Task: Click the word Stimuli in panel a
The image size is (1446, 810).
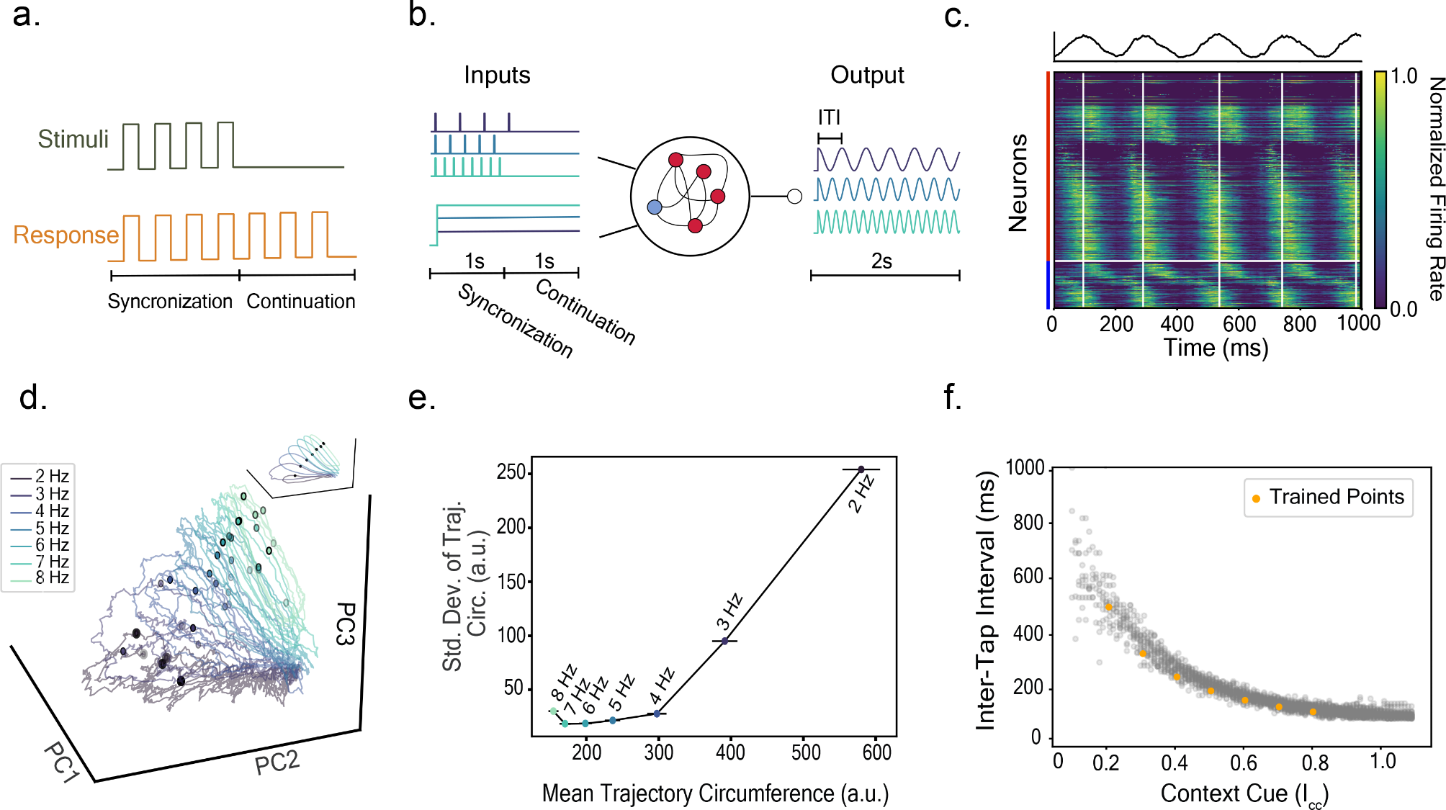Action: click(73, 139)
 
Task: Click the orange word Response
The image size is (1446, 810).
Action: click(66, 235)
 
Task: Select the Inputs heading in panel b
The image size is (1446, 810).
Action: click(497, 75)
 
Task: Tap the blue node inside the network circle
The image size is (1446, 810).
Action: click(654, 207)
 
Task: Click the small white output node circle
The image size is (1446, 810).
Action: click(794, 197)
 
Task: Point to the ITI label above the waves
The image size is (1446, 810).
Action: click(829, 117)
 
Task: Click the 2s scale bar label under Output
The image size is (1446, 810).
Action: click(881, 261)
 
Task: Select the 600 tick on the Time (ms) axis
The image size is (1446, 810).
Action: click(1239, 324)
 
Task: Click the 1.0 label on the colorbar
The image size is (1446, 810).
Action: click(1404, 76)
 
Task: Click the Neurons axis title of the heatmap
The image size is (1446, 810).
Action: click(1018, 184)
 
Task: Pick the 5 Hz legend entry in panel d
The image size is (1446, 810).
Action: click(52, 528)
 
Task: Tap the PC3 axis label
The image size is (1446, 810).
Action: click(346, 624)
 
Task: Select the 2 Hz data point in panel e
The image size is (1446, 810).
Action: click(861, 469)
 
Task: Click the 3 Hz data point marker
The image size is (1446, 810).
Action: click(724, 641)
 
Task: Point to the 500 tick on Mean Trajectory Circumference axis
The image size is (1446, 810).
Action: click(806, 753)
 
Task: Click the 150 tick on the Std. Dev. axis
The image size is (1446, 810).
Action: click(511, 582)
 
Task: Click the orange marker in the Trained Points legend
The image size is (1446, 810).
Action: click(1256, 498)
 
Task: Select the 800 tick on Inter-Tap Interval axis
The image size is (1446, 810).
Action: click(1028, 523)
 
